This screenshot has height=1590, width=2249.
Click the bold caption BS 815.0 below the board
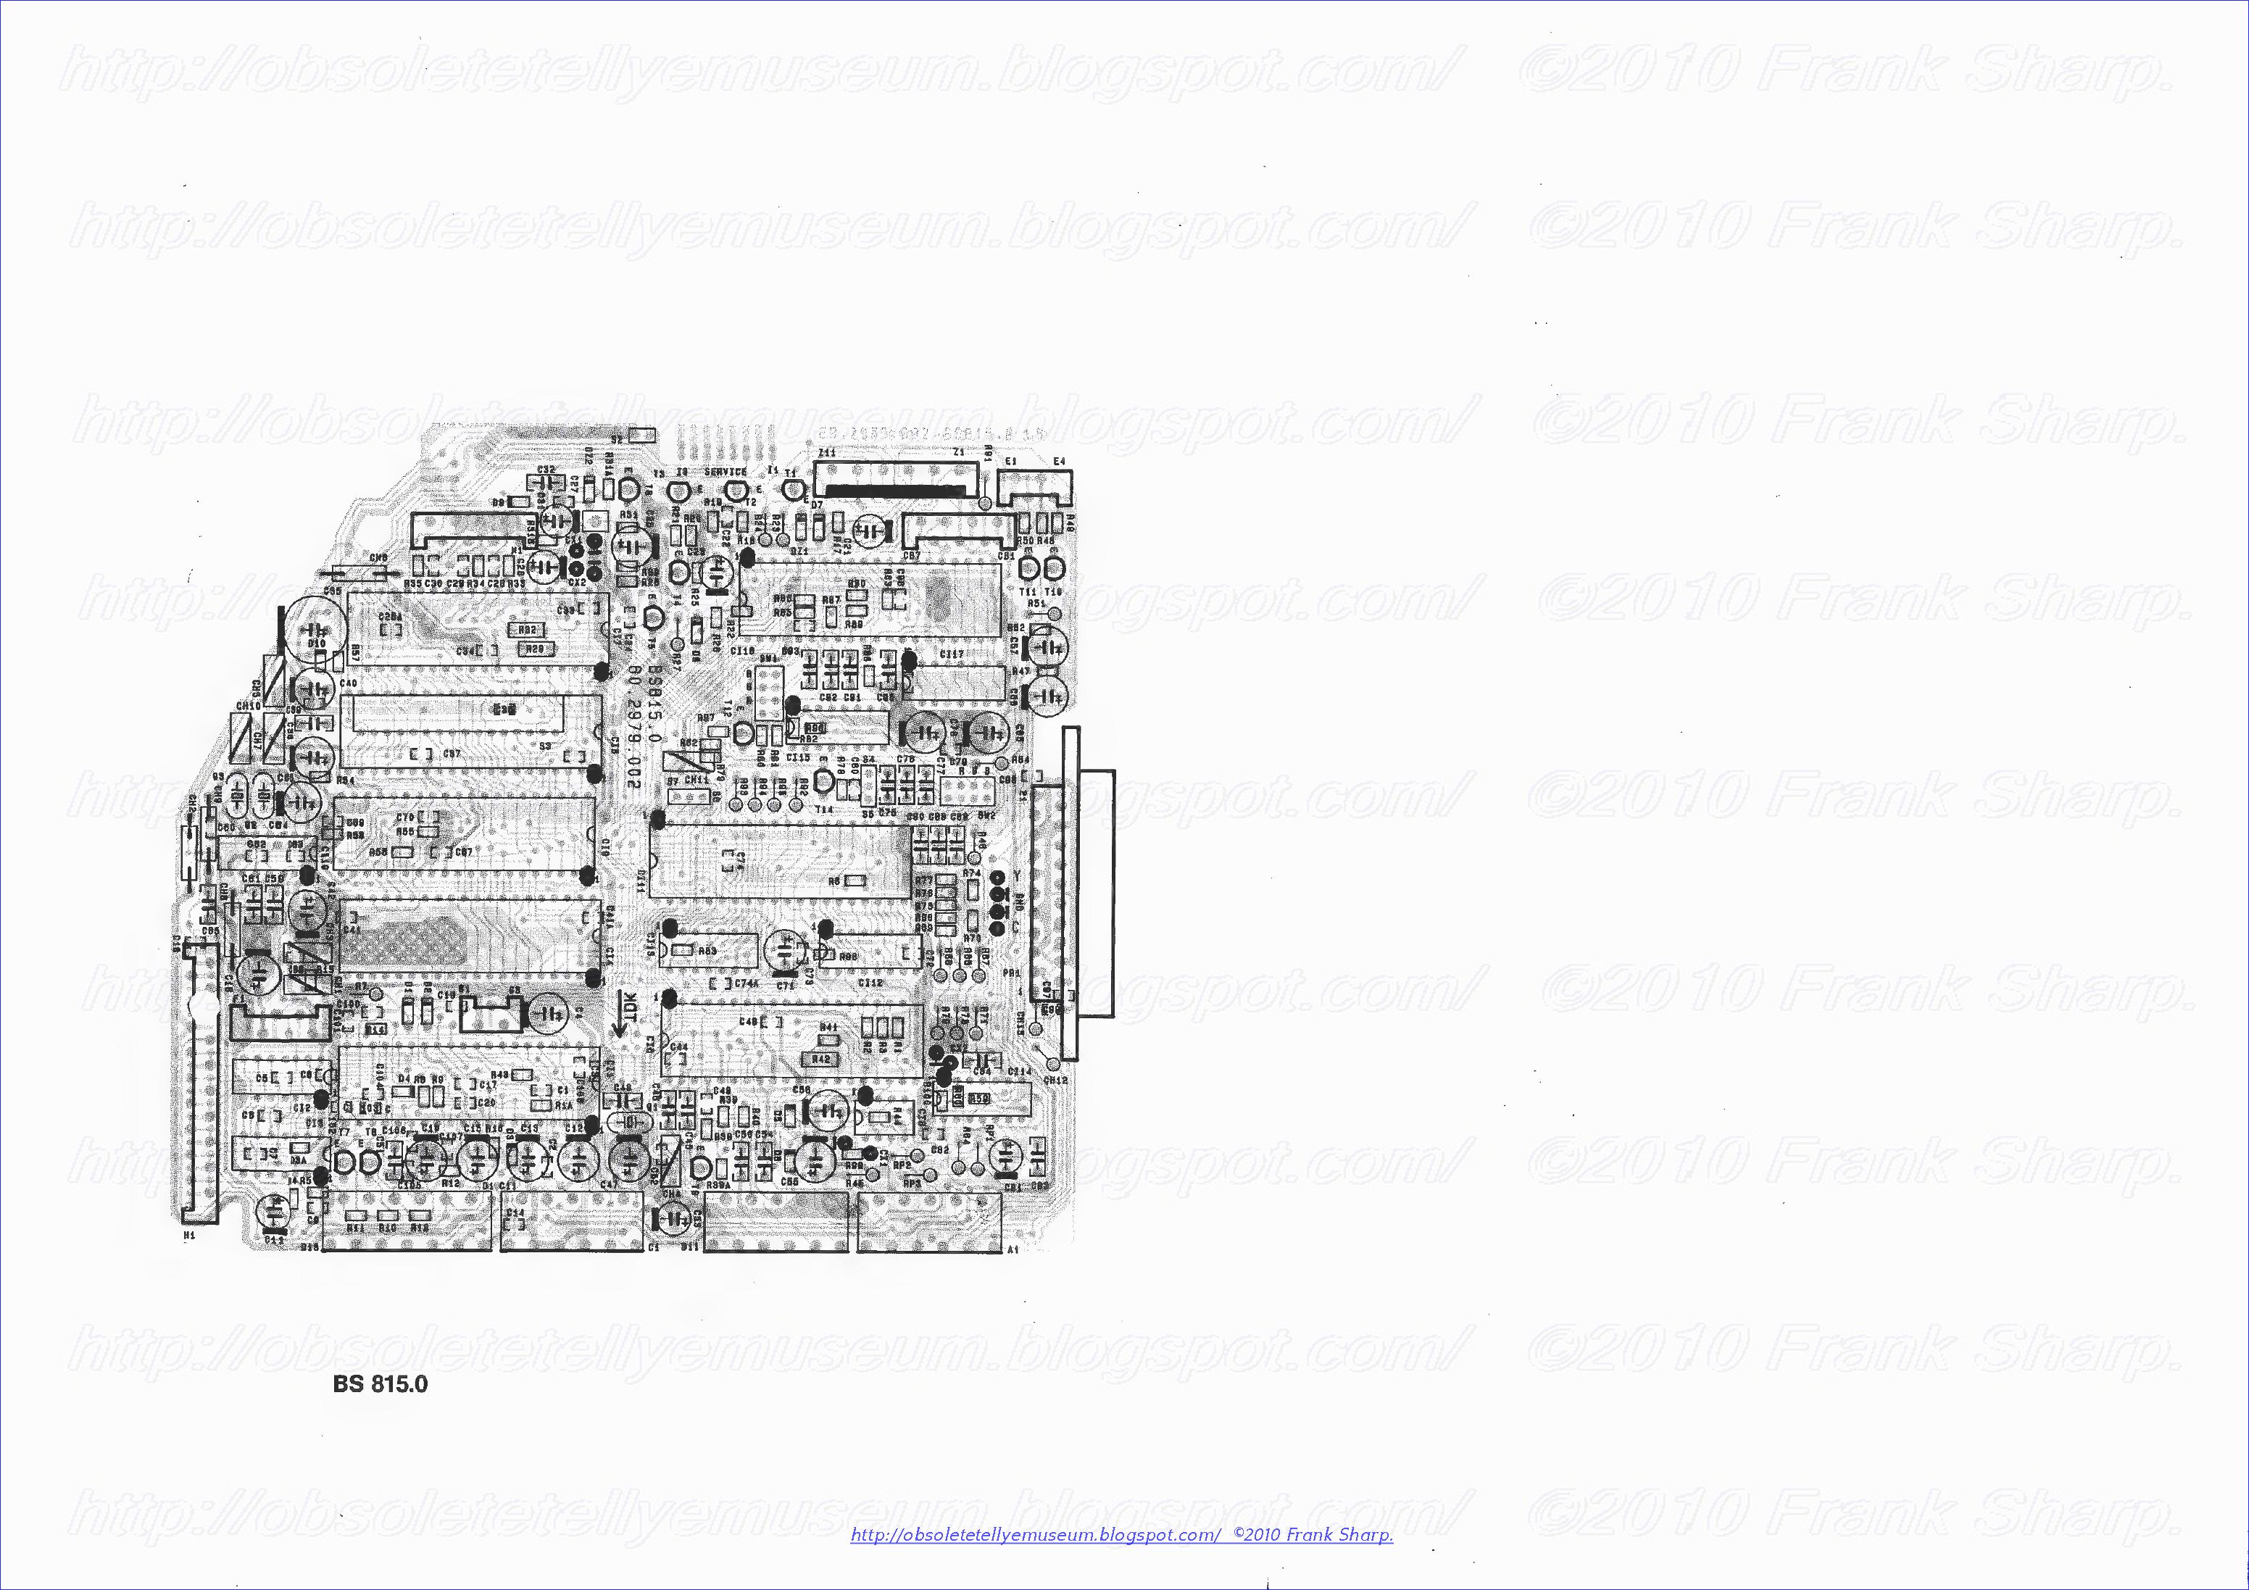click(380, 1384)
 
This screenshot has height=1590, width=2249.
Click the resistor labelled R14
click(375, 1030)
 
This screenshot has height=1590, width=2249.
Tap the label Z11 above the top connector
click(827, 453)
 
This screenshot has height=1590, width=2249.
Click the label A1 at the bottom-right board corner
click(1013, 1251)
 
